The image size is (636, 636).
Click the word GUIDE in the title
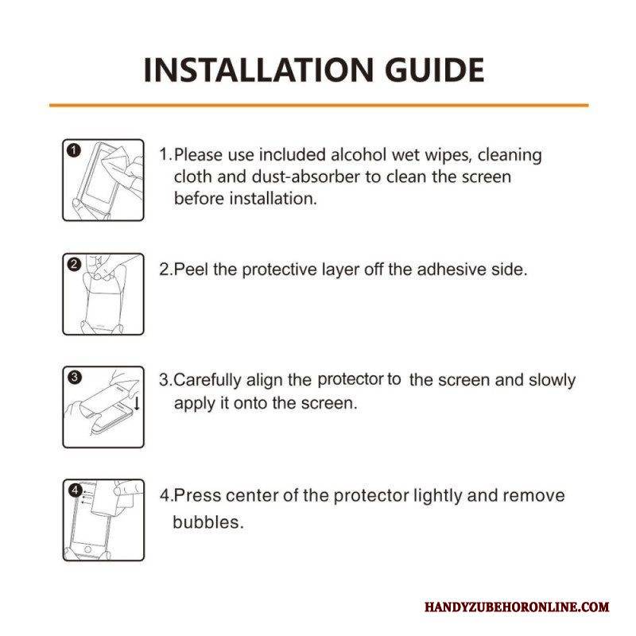coord(434,70)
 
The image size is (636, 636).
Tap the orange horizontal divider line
coord(319,105)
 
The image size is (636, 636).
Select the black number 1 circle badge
coord(74,150)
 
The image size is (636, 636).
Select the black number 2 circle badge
coord(74,265)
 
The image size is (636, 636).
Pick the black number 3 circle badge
coord(74,377)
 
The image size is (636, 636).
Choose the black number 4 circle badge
coord(75,490)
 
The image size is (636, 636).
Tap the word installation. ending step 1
coord(273,199)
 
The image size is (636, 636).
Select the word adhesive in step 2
coord(452,270)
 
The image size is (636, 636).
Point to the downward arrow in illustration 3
coord(137,403)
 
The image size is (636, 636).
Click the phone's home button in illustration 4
coord(87,549)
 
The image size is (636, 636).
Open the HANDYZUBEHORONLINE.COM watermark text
coord(517,607)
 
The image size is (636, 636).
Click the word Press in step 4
coord(197,495)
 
